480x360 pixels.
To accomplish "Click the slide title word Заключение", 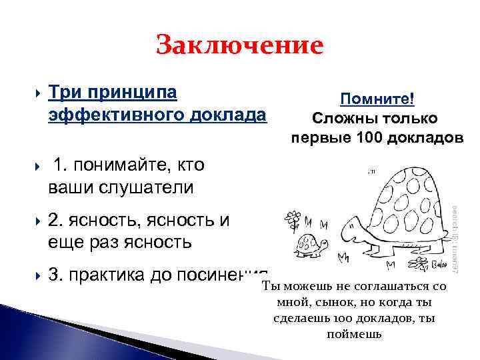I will (239, 46).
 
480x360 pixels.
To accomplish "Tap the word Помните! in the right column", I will (377, 99).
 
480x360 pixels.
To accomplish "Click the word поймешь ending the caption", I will (353, 333).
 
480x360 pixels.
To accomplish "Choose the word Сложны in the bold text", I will (341, 118).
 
